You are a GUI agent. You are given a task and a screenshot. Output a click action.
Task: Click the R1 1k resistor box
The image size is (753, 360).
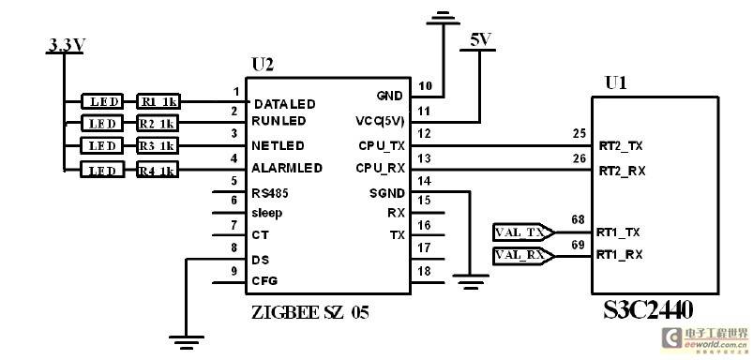point(158,101)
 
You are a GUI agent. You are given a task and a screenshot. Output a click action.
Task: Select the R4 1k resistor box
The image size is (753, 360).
point(158,170)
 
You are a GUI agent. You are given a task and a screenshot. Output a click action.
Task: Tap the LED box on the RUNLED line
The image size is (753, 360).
point(102,124)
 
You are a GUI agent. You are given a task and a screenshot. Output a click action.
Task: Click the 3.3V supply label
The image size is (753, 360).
point(67,45)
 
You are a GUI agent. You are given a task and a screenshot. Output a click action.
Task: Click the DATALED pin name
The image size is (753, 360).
point(285,104)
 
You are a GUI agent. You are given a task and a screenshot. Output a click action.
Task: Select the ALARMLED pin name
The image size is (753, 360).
point(287,169)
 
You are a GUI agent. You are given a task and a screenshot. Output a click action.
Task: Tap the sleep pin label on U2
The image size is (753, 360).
point(267,213)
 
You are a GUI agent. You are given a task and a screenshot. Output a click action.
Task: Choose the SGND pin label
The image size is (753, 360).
point(386,193)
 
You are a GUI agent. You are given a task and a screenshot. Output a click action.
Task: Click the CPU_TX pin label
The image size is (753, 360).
point(382,145)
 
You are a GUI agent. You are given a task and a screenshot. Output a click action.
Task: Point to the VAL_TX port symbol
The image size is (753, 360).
point(524,232)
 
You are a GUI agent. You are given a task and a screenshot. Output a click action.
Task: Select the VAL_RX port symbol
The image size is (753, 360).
point(524,256)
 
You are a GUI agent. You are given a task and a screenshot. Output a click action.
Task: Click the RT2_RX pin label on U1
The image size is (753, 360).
point(622,171)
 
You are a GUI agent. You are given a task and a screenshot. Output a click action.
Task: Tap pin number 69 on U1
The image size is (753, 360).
point(579,245)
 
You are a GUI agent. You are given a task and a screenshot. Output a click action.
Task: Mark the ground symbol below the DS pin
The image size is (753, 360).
point(187,342)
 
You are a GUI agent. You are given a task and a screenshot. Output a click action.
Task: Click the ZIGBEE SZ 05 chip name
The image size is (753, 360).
point(310,313)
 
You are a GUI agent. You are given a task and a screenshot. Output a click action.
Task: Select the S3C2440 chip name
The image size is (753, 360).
point(648,311)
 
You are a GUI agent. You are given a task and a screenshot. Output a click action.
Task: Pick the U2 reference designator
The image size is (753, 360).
point(263,65)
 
